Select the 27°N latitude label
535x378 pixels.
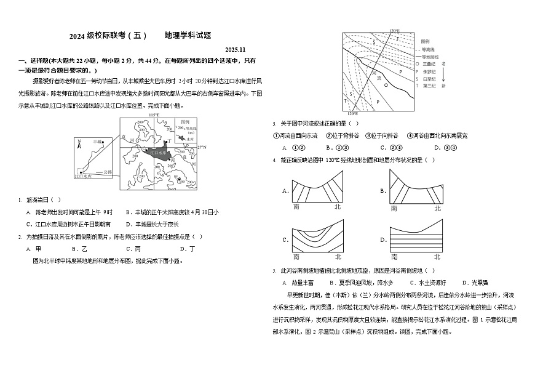(x=202, y=148)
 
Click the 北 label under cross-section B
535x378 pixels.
(x=437, y=208)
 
